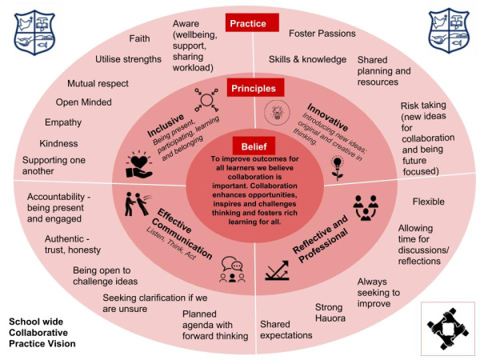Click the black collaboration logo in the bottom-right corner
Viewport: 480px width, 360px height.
449,326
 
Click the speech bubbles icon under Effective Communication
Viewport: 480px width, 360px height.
232,270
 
